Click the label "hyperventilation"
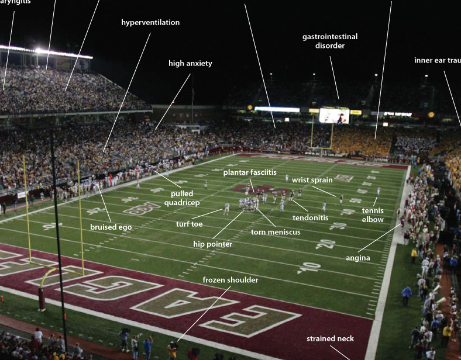point(150,23)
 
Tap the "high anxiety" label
point(190,64)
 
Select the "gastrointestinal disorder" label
point(330,41)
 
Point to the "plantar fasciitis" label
point(250,172)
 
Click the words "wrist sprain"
point(312,181)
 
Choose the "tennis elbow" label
point(373,215)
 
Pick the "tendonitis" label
point(311,218)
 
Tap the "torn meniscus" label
point(276,232)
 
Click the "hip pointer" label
point(212,244)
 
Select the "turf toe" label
point(190,224)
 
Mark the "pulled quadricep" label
point(185,198)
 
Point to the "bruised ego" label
point(111,227)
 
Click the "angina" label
point(357,258)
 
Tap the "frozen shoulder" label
point(230,280)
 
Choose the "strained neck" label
point(330,338)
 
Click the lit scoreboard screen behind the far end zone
point(334,115)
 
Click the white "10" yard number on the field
point(308,267)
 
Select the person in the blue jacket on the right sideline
point(407,295)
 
